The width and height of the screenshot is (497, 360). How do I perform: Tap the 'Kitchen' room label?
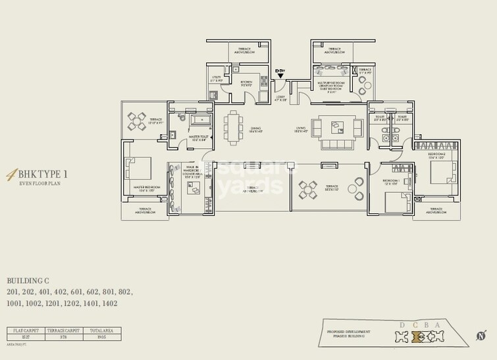coord(247,83)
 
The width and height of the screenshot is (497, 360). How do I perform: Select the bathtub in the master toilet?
coord(198,120)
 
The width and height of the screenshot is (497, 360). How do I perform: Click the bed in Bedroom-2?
coord(441,172)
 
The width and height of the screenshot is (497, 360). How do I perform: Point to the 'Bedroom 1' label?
coord(391,181)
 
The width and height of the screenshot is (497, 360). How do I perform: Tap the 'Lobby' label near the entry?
coord(280,97)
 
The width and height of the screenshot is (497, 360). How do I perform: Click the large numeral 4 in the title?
coord(11,175)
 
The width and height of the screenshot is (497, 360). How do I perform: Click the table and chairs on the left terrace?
coord(138,121)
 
